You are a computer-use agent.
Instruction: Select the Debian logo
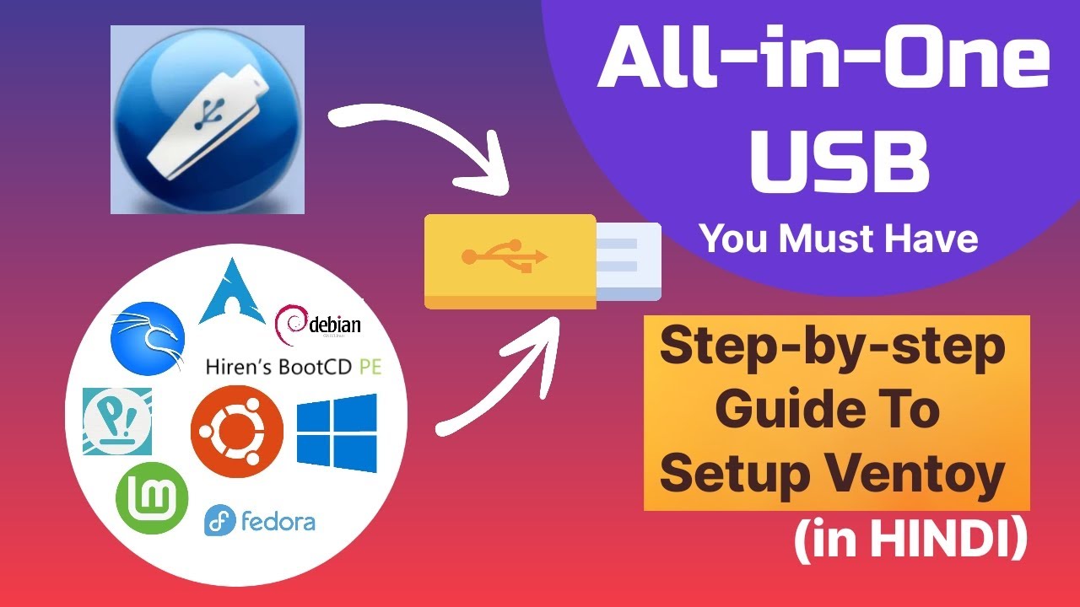click(x=318, y=325)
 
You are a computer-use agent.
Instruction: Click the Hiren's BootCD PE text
click(x=294, y=368)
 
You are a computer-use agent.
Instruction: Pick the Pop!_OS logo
click(x=117, y=421)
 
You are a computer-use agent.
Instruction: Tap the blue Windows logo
click(x=337, y=432)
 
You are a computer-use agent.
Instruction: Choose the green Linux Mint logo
click(x=152, y=498)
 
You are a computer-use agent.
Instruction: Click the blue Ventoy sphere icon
click(x=207, y=119)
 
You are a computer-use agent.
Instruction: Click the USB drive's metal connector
click(x=629, y=261)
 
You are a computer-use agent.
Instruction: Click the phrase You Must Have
click(x=839, y=239)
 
